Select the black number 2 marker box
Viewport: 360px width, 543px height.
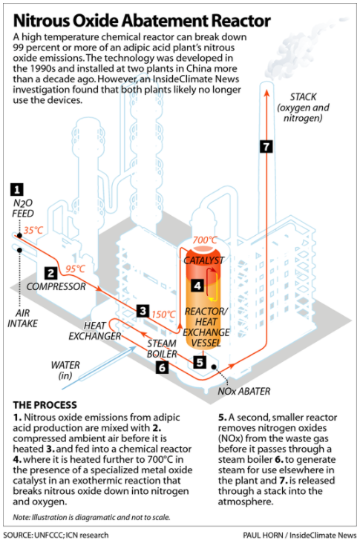point(50,272)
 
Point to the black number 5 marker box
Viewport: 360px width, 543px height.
point(200,362)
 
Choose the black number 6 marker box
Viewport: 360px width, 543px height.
point(163,366)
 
